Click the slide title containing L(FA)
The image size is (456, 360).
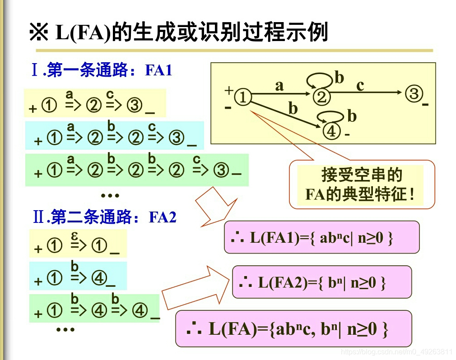click(178, 32)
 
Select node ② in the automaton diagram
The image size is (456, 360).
click(321, 97)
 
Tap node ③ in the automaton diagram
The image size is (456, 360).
click(413, 94)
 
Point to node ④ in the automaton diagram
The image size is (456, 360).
click(331, 131)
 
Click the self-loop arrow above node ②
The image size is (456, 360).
click(319, 80)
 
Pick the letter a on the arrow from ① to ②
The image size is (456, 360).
click(279, 85)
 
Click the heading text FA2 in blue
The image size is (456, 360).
click(163, 218)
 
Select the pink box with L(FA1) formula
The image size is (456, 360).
click(321, 237)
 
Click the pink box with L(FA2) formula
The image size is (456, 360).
click(321, 282)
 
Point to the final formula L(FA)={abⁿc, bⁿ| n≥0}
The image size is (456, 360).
click(293, 329)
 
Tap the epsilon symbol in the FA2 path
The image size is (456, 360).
click(75, 236)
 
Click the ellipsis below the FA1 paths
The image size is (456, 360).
click(110, 196)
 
